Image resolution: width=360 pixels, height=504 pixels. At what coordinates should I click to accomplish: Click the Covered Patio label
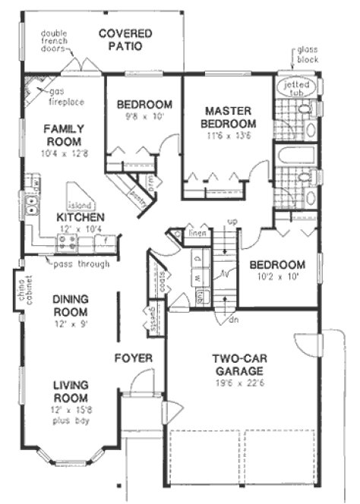(x=125, y=39)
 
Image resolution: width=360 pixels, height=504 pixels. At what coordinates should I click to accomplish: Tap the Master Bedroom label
(x=227, y=117)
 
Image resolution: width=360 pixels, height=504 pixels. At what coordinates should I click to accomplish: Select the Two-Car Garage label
(x=238, y=365)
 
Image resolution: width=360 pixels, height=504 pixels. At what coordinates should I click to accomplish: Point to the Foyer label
(x=134, y=357)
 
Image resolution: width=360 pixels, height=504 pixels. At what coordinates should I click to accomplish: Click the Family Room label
(x=63, y=135)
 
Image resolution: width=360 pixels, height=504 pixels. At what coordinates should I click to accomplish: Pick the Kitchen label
(x=80, y=218)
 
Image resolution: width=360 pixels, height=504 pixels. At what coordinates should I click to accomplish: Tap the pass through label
(x=81, y=264)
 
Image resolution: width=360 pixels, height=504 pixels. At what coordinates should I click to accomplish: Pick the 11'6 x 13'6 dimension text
(x=227, y=138)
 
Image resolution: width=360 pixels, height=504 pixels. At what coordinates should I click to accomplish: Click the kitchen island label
(x=81, y=205)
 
